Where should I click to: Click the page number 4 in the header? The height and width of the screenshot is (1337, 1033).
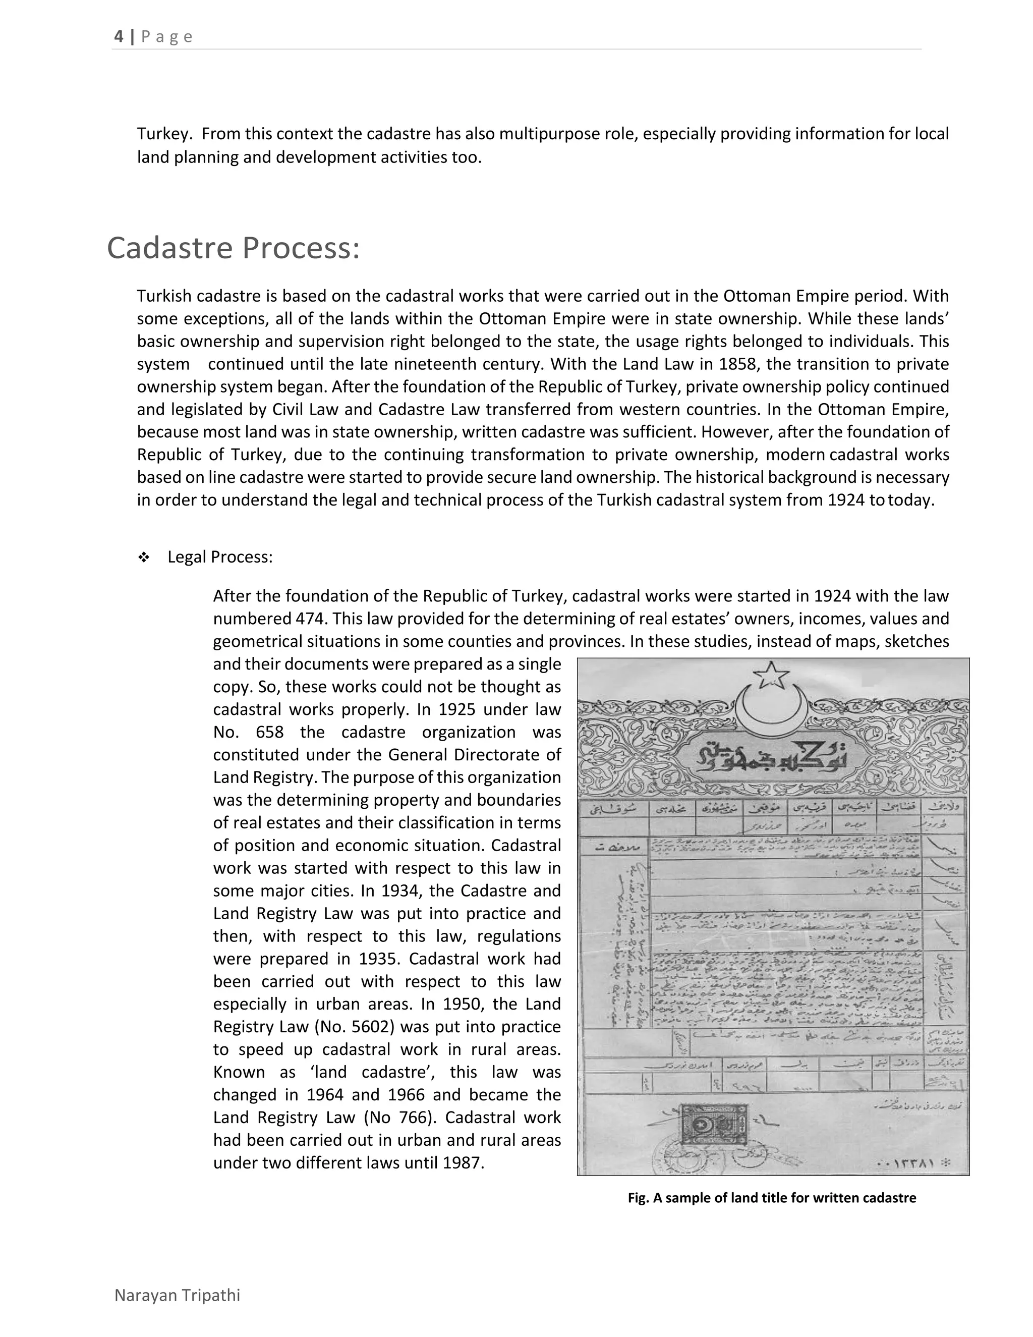(x=119, y=37)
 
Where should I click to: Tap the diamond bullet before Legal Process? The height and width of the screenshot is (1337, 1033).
(x=144, y=558)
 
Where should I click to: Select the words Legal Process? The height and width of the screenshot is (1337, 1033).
(x=220, y=557)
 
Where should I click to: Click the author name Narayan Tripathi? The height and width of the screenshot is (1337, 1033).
(x=178, y=1295)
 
